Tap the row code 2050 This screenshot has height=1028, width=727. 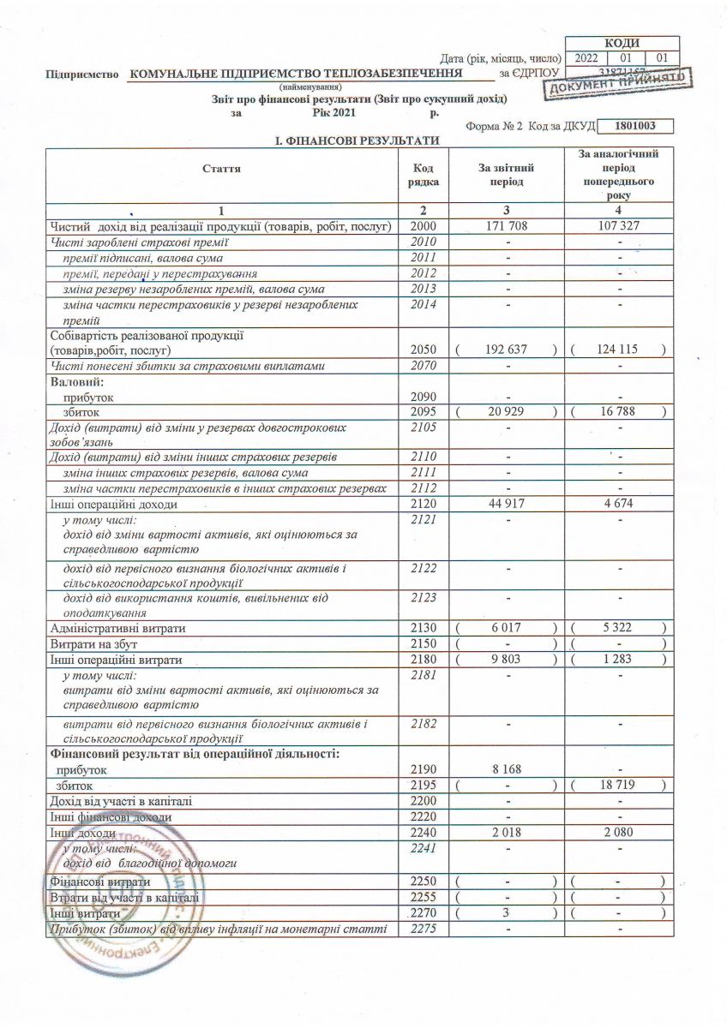[424, 350]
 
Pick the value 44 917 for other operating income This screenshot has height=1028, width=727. [506, 504]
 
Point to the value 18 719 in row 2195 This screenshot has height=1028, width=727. [617, 785]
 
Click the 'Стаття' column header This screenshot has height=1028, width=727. [221, 169]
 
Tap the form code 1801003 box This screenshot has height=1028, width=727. [635, 126]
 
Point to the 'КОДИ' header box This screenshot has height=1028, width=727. [622, 43]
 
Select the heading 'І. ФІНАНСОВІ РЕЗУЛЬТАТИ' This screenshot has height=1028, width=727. [356, 140]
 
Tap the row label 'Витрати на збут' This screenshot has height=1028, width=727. [94, 643]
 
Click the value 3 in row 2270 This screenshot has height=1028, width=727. [508, 913]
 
